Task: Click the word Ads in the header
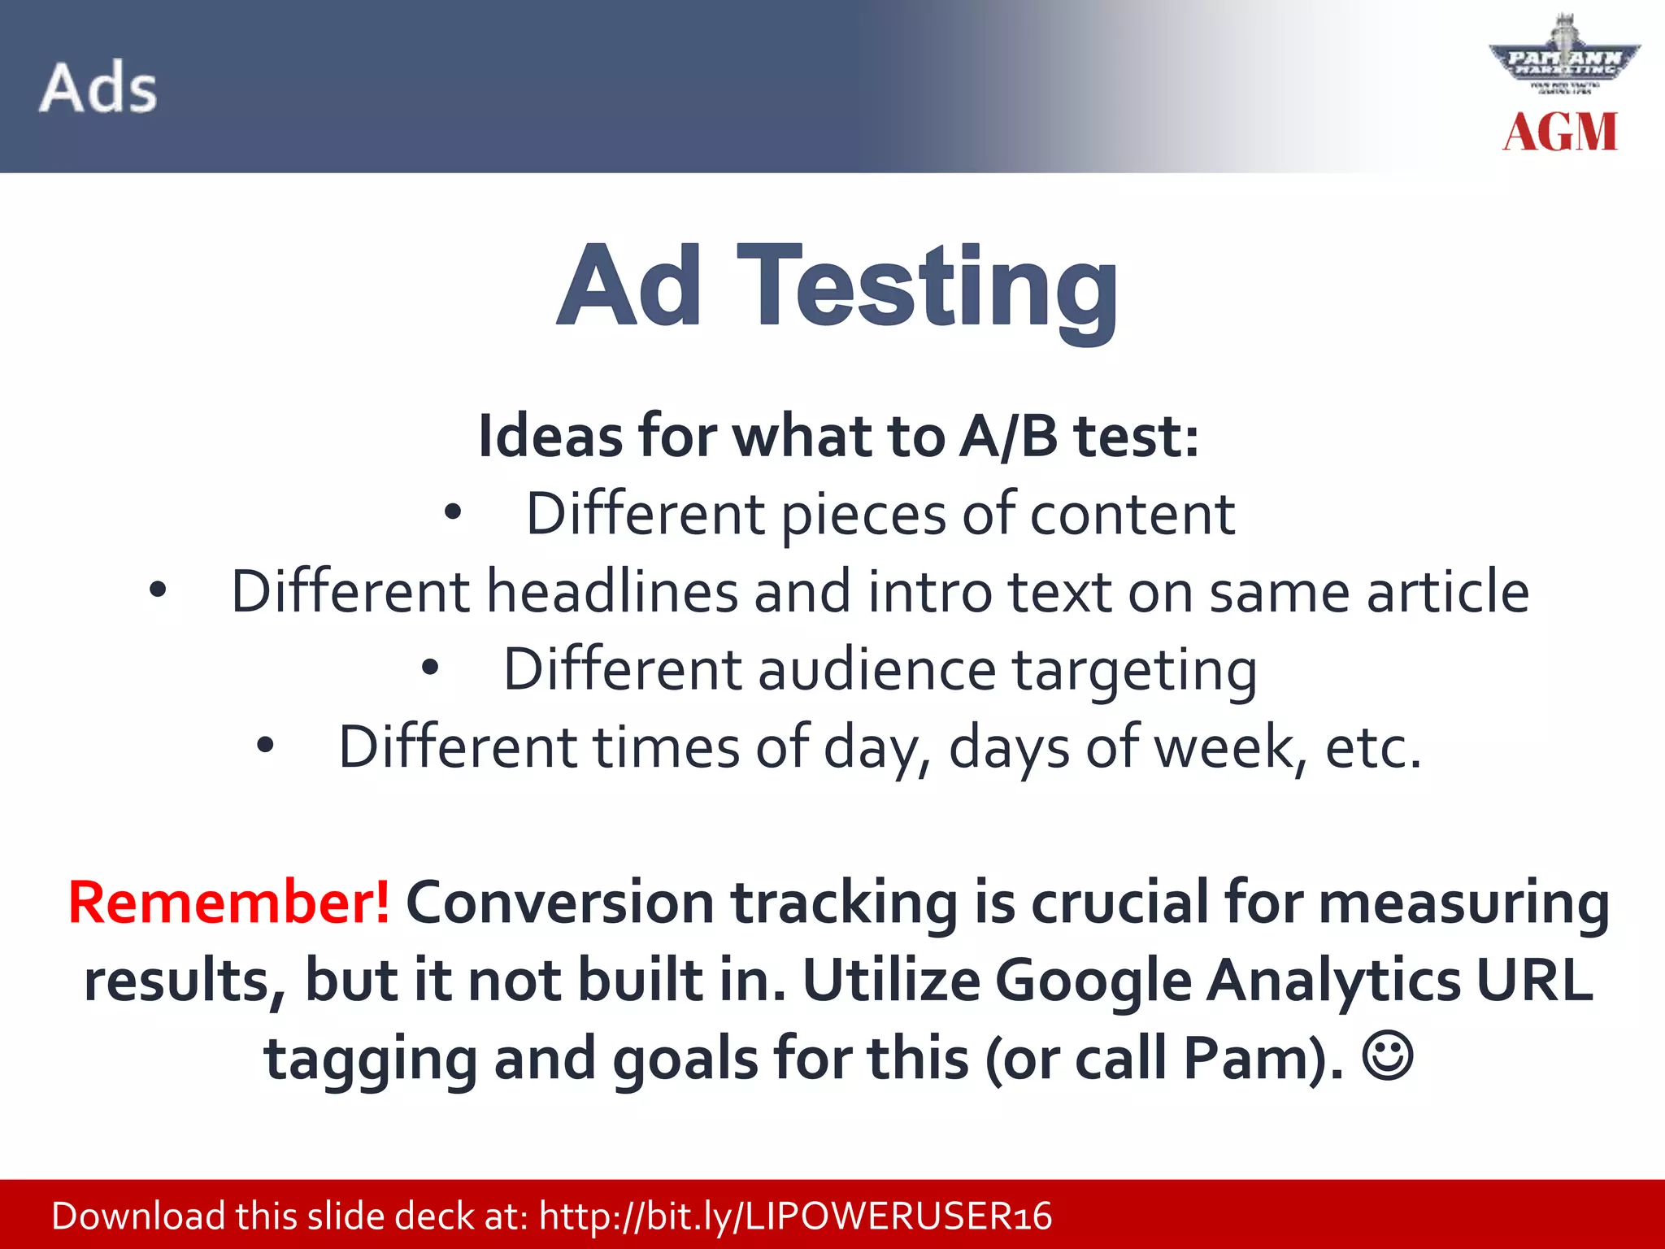click(98, 87)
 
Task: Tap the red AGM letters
click(1559, 132)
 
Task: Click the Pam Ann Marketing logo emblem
click(1563, 59)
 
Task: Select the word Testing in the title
click(928, 289)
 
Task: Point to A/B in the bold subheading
click(1008, 437)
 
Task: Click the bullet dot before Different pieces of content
click(453, 513)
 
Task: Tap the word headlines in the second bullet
click(611, 591)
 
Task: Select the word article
click(1447, 591)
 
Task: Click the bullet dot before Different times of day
click(265, 746)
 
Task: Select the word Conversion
click(559, 903)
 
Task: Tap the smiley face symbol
click(1387, 1056)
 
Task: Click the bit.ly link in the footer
click(795, 1216)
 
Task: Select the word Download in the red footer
click(138, 1216)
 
